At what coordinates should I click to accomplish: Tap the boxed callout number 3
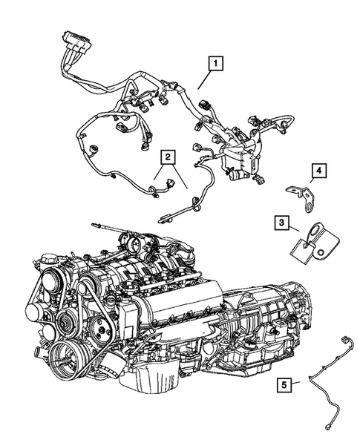281,223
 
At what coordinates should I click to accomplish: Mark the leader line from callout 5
297,382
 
